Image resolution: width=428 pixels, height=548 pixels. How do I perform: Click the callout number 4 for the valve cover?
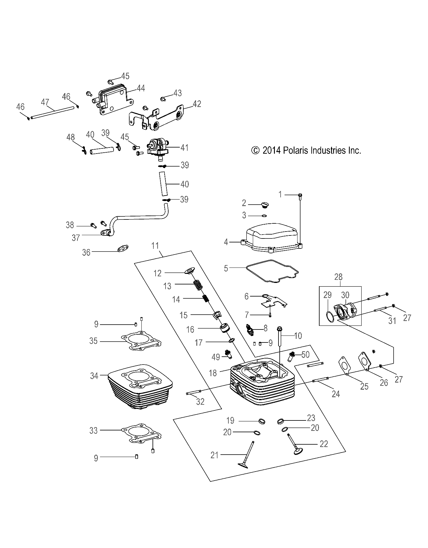tap(226, 242)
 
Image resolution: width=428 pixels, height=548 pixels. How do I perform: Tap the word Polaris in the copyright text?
tap(295, 150)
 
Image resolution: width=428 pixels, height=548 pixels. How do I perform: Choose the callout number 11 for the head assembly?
tap(155, 245)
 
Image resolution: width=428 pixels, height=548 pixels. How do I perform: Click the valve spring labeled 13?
tap(198, 285)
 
